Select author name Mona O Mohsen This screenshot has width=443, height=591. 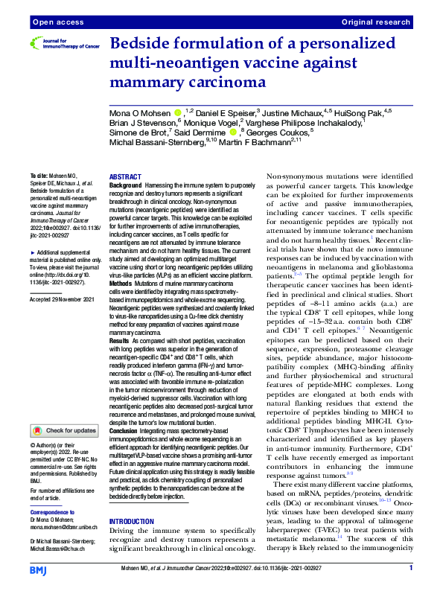point(139,113)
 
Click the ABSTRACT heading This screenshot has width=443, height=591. point(125,177)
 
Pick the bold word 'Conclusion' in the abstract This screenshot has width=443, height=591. point(127,431)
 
